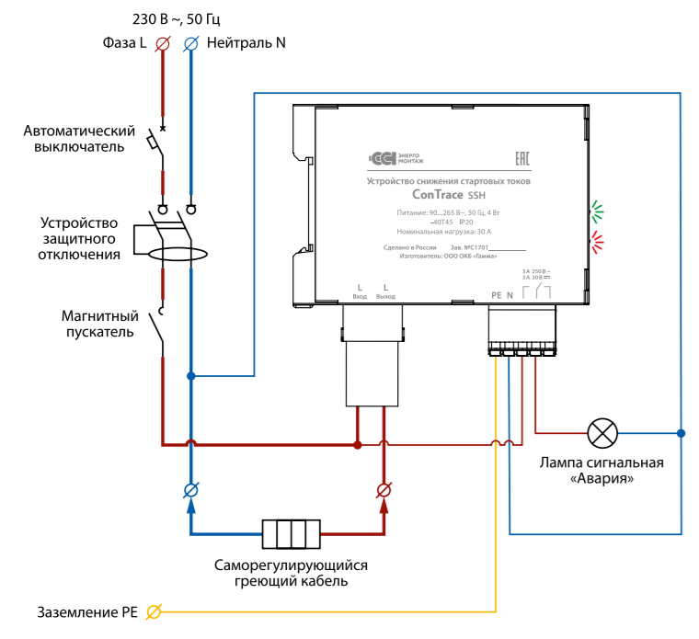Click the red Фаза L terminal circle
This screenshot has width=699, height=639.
click(x=164, y=43)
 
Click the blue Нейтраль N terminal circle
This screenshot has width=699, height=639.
click(x=190, y=43)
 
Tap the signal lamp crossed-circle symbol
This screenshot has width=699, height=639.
click(x=603, y=431)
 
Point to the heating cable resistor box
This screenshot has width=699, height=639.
click(x=291, y=534)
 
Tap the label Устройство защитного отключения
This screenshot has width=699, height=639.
click(x=80, y=238)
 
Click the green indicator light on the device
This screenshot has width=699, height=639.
click(x=598, y=211)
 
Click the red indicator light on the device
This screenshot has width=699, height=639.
click(x=598, y=242)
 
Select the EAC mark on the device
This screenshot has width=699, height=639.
click(x=521, y=158)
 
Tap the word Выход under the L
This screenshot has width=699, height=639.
click(x=385, y=297)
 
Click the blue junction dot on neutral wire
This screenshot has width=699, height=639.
click(x=191, y=376)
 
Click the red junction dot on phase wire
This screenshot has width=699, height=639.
click(x=358, y=445)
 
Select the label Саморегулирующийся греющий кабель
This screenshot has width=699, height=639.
click(x=291, y=573)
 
